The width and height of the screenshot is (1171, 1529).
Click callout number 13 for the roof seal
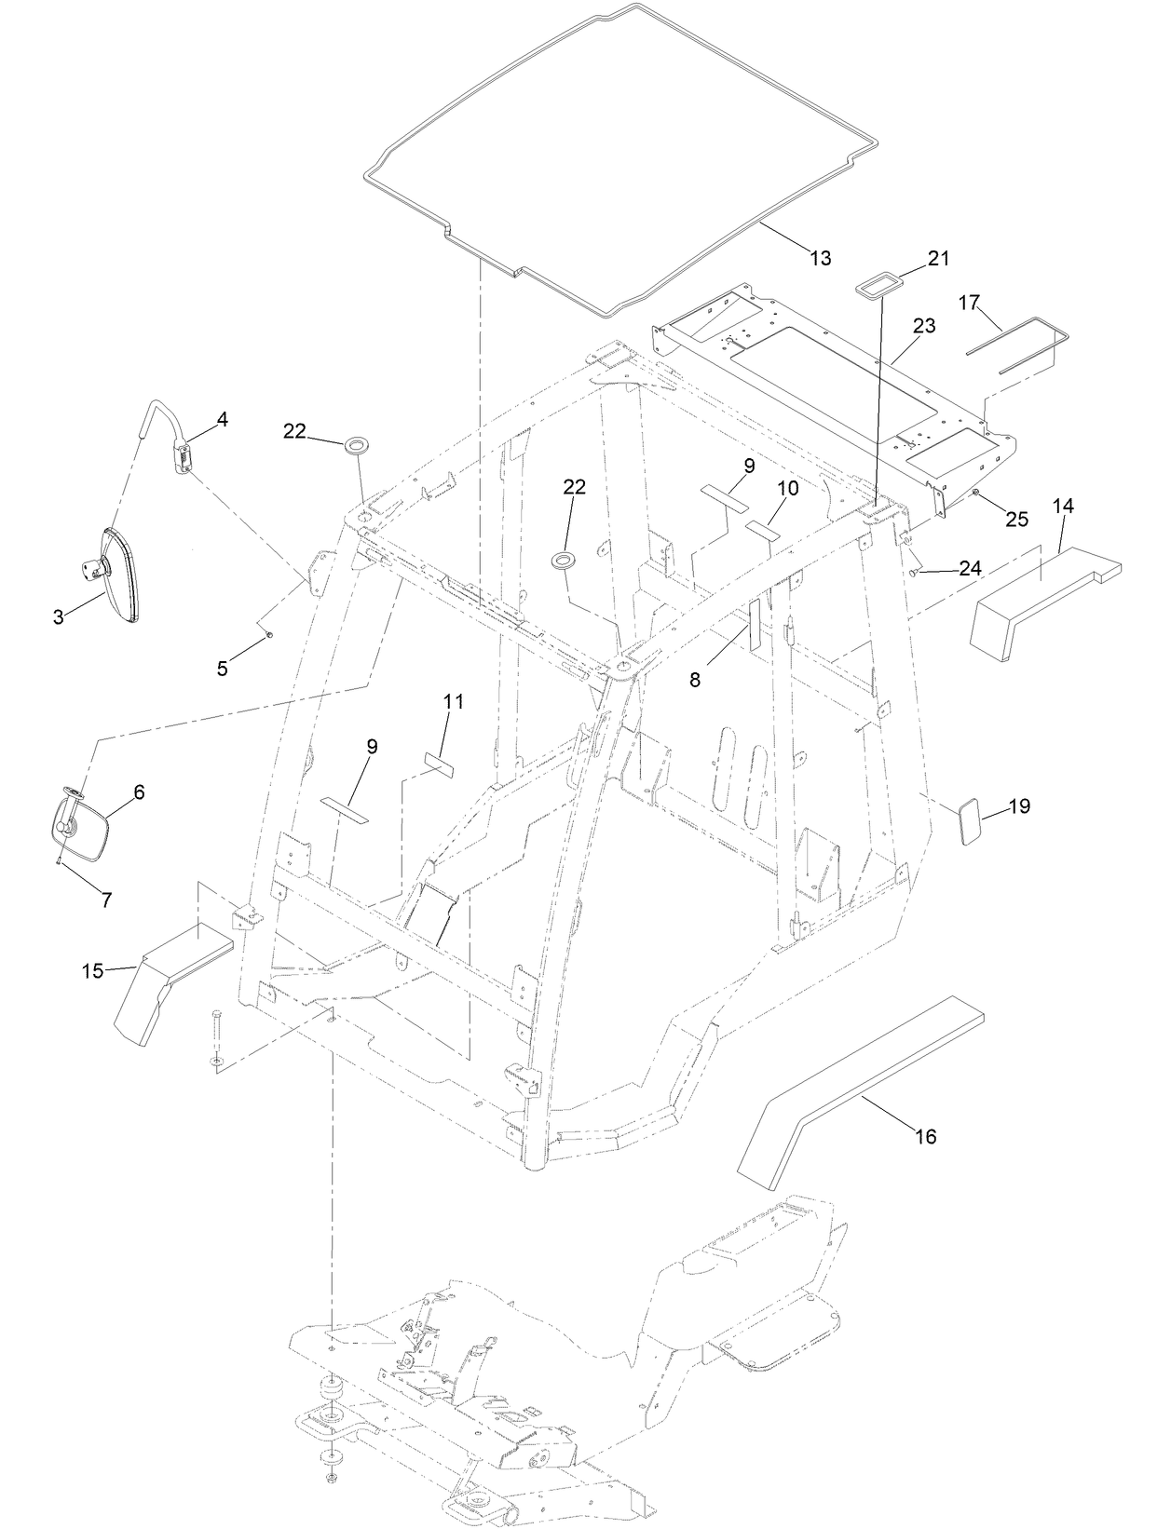click(820, 258)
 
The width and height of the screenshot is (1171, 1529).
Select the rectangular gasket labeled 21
click(875, 285)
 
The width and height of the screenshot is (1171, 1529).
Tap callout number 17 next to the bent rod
click(969, 303)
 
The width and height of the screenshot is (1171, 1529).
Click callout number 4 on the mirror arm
click(222, 420)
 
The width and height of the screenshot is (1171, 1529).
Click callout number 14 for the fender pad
click(1063, 506)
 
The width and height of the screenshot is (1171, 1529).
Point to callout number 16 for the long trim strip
click(925, 1136)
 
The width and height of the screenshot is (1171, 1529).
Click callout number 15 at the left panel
click(92, 970)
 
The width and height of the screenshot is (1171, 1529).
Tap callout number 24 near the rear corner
click(970, 567)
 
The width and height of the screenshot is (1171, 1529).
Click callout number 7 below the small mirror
click(106, 900)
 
